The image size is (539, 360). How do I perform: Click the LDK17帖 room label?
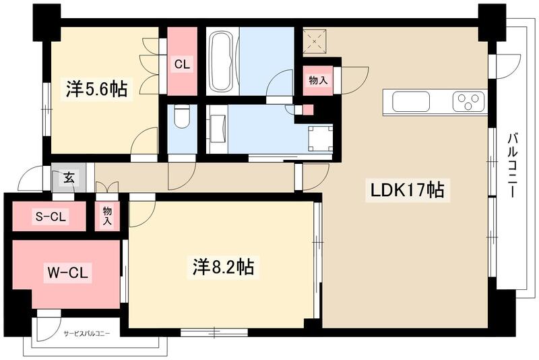pyautogui.click(x=407, y=191)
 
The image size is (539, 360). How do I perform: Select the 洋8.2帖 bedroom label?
pyautogui.click(x=220, y=268)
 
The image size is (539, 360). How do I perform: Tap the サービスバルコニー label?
pyautogui.click(x=87, y=333)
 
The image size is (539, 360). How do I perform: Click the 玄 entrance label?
pyautogui.click(x=69, y=178)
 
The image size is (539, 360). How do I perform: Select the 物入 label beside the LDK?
pyautogui.click(x=318, y=80)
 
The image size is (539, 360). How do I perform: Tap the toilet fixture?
pyautogui.click(x=181, y=119)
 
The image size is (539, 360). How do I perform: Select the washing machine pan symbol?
pyautogui.click(x=320, y=138)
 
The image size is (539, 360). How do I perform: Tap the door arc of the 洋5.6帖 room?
pyautogui.click(x=144, y=142)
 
